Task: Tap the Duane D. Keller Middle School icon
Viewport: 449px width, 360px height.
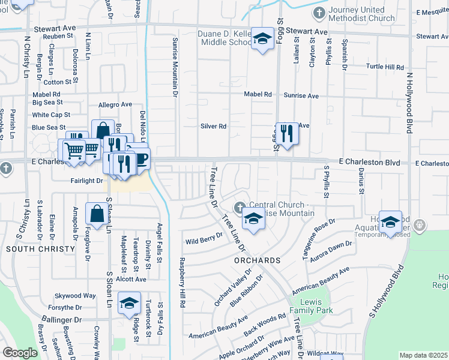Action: pyautogui.click(x=262, y=40)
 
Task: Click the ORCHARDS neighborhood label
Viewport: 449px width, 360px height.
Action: pyautogui.click(x=258, y=261)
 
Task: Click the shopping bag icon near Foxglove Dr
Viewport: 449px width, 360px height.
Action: pyautogui.click(x=97, y=214)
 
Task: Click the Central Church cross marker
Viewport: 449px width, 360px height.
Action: pyautogui.click(x=240, y=208)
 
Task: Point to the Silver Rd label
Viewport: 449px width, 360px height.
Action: pyautogui.click(x=213, y=127)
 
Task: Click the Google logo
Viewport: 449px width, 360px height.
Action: pyautogui.click(x=20, y=353)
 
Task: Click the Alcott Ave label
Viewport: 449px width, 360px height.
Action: pyautogui.click(x=131, y=279)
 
